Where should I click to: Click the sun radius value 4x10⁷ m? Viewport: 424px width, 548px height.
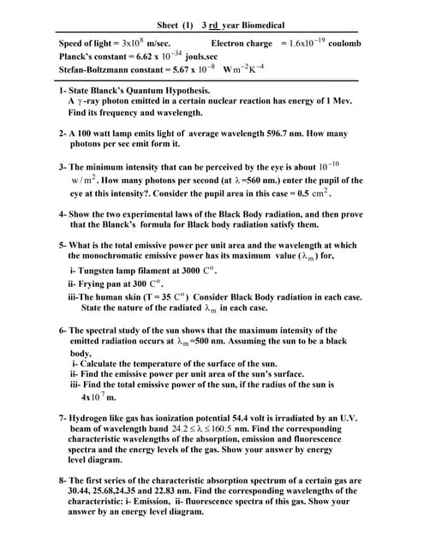pyautogui.click(x=97, y=396)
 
